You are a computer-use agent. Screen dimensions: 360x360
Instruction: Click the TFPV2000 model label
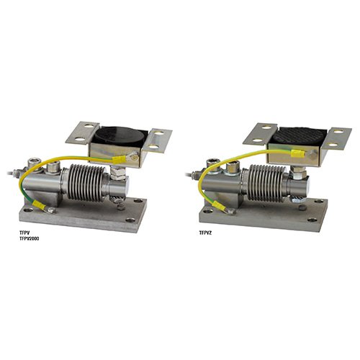pyautogui.click(x=29, y=239)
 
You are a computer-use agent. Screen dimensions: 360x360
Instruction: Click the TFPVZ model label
pyautogui.click(x=205, y=233)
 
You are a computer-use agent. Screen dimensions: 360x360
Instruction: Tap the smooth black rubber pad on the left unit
pyautogui.click(x=118, y=137)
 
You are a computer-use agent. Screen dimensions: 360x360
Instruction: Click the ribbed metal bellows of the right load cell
pyautogui.click(x=265, y=183)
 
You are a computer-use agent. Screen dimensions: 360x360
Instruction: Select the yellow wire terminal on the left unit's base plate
pyautogui.click(x=39, y=204)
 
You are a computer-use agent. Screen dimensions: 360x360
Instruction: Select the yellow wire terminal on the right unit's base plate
pyautogui.click(x=220, y=206)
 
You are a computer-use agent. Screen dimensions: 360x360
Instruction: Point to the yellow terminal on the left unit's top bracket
pyautogui.click(x=120, y=158)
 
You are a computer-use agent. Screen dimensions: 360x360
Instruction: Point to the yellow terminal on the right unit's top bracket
pyautogui.click(x=297, y=153)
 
